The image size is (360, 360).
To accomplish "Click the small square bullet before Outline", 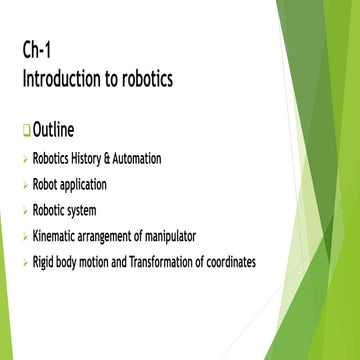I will tap(26, 131).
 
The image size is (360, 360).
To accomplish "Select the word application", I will tap(83, 185).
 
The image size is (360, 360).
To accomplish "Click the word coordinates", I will tap(230, 262).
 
